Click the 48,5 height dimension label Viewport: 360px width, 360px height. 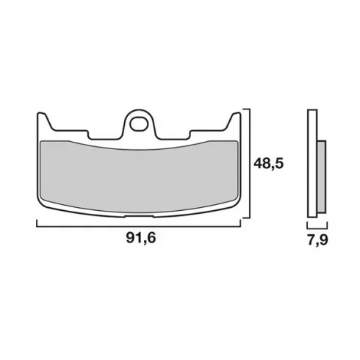tap(268, 164)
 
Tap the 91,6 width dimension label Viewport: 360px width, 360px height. tap(141, 237)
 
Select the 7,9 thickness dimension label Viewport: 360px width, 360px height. tap(317, 240)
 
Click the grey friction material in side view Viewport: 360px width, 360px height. tap(322, 176)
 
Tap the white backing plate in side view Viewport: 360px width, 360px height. tap(312, 163)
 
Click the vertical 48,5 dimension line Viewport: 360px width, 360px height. tap(250, 163)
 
